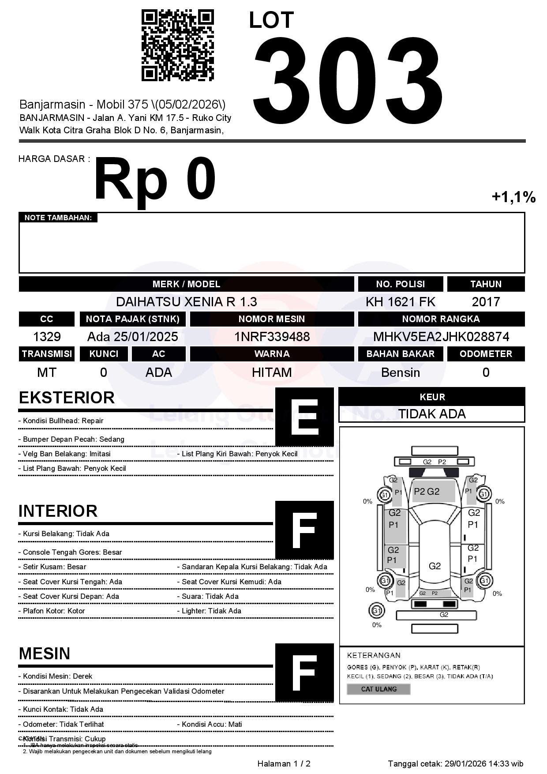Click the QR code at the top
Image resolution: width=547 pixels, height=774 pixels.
tap(177, 45)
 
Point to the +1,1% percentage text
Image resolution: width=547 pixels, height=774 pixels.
tap(513, 197)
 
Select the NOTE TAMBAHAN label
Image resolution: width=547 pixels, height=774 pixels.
tap(58, 218)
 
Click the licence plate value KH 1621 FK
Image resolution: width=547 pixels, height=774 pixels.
tap(400, 302)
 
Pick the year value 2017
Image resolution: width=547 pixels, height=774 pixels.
tap(486, 302)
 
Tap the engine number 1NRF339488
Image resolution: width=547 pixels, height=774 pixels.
tap(272, 337)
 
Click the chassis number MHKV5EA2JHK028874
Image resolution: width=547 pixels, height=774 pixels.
tap(441, 337)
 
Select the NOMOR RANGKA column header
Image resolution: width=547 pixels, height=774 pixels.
tap(441, 319)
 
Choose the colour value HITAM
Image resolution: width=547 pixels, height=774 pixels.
tap(272, 372)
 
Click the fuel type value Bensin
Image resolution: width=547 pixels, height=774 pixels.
tap(400, 372)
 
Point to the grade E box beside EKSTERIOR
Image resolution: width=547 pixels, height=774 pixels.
tap(304, 417)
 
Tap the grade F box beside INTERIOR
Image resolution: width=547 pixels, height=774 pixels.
tap(304, 530)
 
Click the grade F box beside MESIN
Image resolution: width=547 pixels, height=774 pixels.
tap(304, 673)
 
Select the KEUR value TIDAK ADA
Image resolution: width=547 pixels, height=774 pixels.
tap(432, 414)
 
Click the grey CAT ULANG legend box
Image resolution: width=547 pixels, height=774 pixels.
tap(378, 689)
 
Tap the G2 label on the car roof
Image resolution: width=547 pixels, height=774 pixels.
tap(435, 566)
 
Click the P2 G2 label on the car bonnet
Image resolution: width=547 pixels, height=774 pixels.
tap(427, 492)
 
